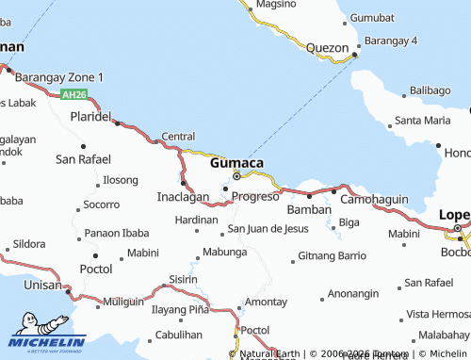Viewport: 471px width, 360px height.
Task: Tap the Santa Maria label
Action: (x=422, y=120)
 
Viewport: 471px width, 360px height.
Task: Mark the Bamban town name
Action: (x=309, y=208)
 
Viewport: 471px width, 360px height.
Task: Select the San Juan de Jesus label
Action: (x=268, y=229)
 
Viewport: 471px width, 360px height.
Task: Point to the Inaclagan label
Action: (x=182, y=198)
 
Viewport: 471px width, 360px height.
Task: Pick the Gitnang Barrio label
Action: (x=332, y=255)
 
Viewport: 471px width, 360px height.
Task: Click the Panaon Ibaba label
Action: (x=117, y=233)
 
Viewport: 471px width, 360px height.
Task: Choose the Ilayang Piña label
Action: (x=179, y=308)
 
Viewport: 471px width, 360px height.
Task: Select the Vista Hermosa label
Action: (x=437, y=313)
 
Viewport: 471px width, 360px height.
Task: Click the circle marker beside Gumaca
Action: (x=236, y=174)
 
